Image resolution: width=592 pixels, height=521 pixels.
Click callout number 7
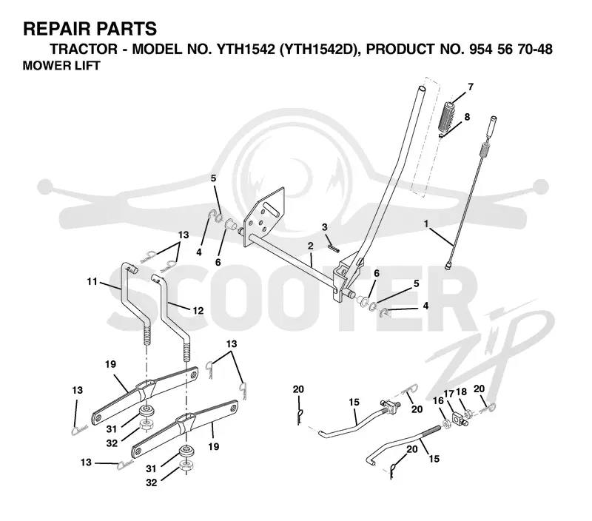tap(470, 87)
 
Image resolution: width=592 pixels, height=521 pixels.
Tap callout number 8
tap(467, 117)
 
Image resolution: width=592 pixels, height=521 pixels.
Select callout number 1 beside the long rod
tap(426, 224)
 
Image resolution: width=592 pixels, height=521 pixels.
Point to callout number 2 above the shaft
tap(310, 246)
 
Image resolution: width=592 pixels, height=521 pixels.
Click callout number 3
tap(325, 227)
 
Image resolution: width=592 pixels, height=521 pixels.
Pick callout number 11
tap(92, 282)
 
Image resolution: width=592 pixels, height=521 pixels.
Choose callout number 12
tap(198, 311)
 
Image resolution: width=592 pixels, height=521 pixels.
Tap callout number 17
tap(448, 394)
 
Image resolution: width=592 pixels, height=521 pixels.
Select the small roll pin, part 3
tap(334, 246)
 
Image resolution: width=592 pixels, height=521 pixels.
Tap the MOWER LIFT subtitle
tap(61, 65)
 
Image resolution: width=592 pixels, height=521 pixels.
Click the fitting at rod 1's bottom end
tap(448, 266)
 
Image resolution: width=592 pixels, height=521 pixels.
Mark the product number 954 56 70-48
tap(511, 49)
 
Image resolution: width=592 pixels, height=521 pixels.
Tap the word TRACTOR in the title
tap(84, 49)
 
